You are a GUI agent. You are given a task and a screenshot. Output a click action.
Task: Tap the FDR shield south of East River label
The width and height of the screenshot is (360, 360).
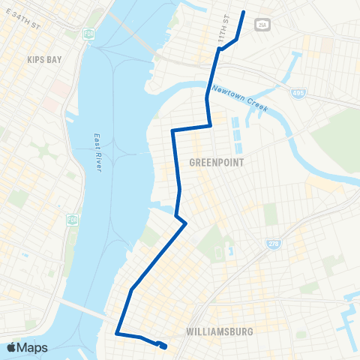pyautogui.click(x=72, y=219)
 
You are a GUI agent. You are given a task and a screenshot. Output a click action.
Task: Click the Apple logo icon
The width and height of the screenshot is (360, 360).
pyautogui.click(x=11, y=347)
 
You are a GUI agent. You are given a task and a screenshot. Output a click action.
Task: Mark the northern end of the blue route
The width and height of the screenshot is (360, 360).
pyautogui.click(x=244, y=13)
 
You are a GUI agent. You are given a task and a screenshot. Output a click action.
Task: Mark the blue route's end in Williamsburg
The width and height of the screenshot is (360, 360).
pyautogui.click(x=163, y=346)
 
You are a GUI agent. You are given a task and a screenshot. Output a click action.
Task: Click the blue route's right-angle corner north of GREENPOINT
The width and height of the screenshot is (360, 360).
pyautogui.click(x=173, y=130)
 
